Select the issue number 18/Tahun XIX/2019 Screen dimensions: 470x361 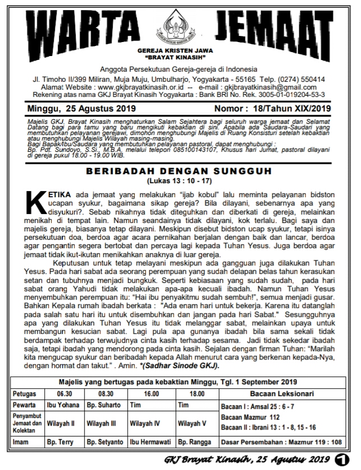(x=293, y=108)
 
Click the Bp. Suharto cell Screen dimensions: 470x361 (x=103, y=404)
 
